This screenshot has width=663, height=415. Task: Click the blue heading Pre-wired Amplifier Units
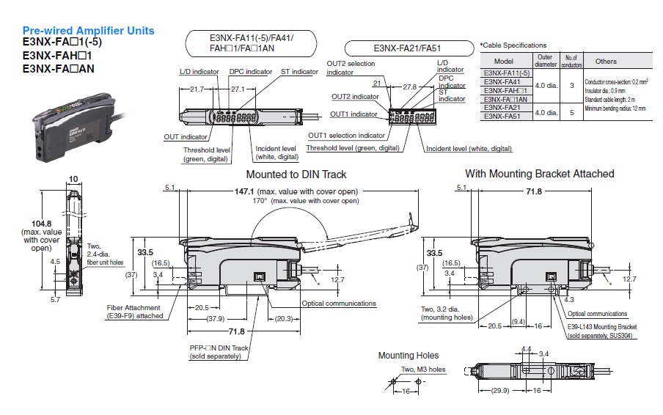tap(88, 31)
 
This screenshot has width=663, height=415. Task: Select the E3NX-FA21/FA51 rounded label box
tap(407, 49)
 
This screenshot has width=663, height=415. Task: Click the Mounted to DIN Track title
tap(296, 175)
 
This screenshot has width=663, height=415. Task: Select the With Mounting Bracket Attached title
tap(539, 174)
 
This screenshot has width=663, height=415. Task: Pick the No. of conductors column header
tap(572, 61)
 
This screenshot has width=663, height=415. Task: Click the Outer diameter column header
tap(546, 61)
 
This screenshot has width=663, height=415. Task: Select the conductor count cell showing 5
tap(572, 112)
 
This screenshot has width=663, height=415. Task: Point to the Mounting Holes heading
tap(408, 356)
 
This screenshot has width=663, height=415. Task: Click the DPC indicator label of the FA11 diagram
tap(250, 72)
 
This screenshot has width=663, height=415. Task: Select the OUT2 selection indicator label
tap(351, 67)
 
